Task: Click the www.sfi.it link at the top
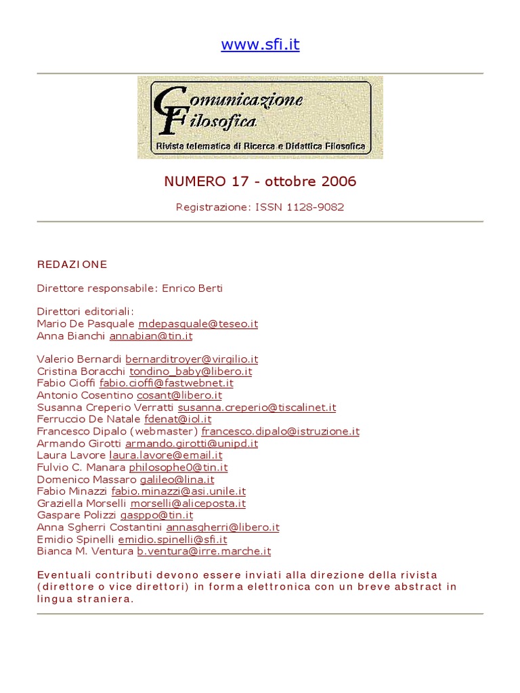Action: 260,45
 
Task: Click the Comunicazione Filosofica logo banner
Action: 260,117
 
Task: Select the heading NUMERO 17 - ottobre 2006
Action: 260,181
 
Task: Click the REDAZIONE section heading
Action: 72,264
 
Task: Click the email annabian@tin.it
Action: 151,336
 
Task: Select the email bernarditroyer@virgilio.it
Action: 192,359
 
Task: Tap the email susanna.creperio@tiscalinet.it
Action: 257,407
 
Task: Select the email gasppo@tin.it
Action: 156,515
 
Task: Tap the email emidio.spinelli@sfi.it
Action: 173,539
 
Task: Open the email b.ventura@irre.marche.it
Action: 204,552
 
